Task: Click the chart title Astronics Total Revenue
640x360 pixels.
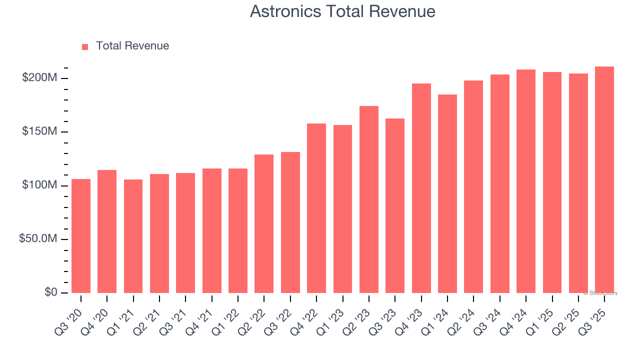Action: (x=342, y=11)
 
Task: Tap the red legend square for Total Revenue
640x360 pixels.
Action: (x=85, y=46)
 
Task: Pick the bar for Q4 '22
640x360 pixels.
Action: (x=316, y=208)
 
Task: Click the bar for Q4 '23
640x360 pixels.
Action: (x=421, y=188)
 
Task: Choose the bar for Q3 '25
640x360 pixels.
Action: (x=604, y=179)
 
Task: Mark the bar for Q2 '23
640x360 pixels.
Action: (x=369, y=199)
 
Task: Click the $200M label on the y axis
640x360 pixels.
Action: (x=39, y=78)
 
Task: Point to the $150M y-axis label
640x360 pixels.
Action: (x=39, y=131)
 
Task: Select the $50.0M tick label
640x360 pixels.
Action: (x=38, y=239)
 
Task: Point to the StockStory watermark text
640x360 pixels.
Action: (x=600, y=293)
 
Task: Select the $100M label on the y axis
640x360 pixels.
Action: (x=39, y=185)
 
